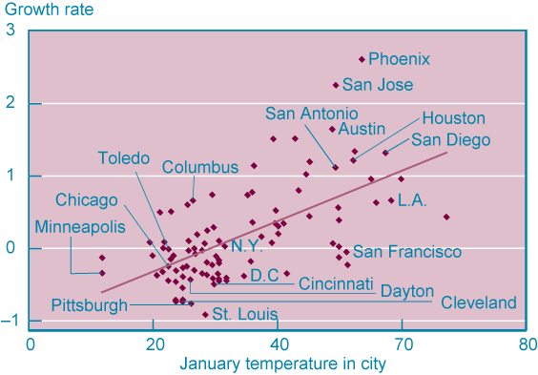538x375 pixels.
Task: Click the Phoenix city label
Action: click(x=399, y=59)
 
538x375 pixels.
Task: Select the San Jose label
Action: click(x=378, y=85)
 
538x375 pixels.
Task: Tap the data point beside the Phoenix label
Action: click(x=362, y=59)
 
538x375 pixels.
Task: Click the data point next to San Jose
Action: click(x=336, y=85)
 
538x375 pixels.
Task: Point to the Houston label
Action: click(x=453, y=118)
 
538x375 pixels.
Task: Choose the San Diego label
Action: click(x=450, y=139)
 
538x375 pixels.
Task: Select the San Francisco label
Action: click(x=407, y=252)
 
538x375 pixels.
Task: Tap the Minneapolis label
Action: click(x=80, y=227)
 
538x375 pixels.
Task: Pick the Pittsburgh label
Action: click(x=90, y=305)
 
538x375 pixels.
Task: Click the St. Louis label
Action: click(x=244, y=314)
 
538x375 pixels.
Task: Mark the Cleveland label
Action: click(x=478, y=303)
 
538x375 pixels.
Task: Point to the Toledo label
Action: click(x=124, y=157)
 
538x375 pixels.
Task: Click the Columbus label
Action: click(x=199, y=167)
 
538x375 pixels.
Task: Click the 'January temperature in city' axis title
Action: click(x=282, y=364)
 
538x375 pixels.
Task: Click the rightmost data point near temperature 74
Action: click(x=446, y=217)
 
